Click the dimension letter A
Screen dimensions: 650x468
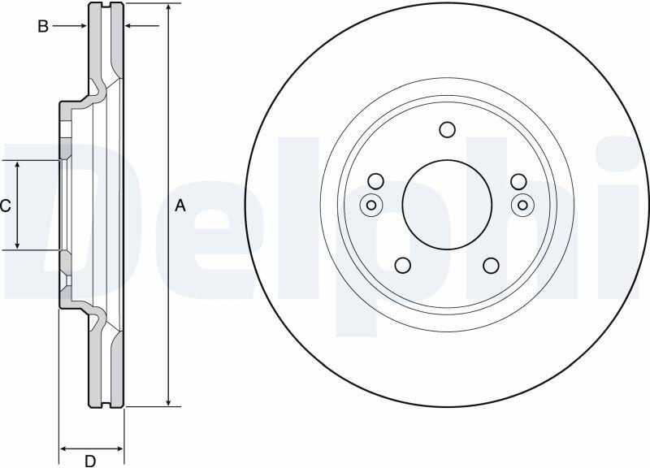(x=180, y=206)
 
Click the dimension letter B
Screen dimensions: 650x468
(x=43, y=27)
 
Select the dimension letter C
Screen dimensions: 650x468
(x=6, y=206)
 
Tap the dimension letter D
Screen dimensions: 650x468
(x=90, y=461)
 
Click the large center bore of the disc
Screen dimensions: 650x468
(x=447, y=205)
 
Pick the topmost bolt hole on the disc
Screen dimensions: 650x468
(x=448, y=130)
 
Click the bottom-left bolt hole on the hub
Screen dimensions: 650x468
(x=402, y=266)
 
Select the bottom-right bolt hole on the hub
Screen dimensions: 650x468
(x=492, y=266)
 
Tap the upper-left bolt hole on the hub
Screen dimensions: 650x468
(x=376, y=181)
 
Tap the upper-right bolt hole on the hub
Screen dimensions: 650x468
(x=518, y=181)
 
